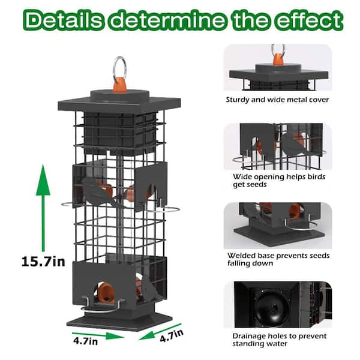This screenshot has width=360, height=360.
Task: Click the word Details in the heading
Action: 63,20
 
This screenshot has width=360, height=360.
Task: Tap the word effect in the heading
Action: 308,20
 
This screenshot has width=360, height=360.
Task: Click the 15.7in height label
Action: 43,262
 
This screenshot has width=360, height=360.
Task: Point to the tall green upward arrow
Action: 43,208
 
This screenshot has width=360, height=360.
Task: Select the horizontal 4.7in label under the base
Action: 86,340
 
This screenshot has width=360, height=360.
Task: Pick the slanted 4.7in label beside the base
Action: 172,335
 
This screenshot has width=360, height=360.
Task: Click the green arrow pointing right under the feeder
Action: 98,335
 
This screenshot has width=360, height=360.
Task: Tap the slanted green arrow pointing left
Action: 160,332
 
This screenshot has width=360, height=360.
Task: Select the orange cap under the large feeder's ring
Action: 119,85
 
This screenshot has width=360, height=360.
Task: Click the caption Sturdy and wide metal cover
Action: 277,100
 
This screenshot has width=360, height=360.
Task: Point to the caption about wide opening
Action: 279,181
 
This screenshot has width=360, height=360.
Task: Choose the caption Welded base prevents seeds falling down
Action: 278,259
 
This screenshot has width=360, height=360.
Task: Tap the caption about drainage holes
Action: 279,340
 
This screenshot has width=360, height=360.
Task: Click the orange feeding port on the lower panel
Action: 106,292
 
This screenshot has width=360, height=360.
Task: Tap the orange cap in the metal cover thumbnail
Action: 278,59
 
